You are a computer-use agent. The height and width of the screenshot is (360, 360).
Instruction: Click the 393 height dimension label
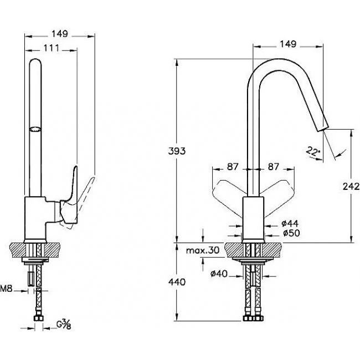177,151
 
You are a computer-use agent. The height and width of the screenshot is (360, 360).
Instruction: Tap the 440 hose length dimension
177,282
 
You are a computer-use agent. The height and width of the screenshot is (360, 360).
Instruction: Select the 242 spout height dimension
351,187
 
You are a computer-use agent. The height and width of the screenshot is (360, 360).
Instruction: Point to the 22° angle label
313,152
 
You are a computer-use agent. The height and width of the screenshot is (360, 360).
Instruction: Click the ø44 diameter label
290,223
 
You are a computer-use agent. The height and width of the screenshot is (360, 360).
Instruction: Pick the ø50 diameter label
291,233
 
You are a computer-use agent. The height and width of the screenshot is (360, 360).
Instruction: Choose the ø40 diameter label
219,274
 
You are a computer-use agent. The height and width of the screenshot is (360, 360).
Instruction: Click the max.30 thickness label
203,250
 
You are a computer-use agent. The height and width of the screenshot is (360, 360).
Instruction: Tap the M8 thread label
6,289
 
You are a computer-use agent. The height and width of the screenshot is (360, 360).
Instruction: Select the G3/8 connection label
64,325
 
